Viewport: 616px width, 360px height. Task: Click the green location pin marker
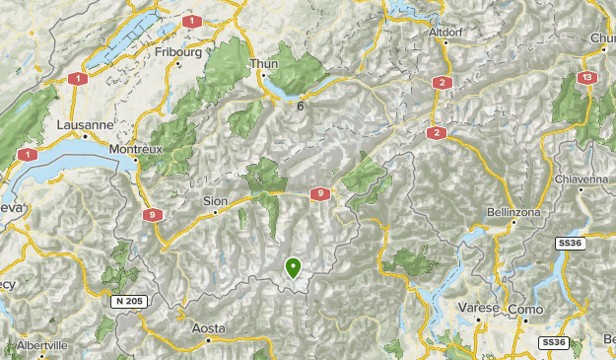click(293, 266)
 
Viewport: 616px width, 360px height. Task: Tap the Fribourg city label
click(178, 50)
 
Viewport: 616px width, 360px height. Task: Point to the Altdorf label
click(445, 32)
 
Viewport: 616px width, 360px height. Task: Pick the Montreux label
click(136, 148)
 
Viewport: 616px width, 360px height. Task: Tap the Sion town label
click(215, 200)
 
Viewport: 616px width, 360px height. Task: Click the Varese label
click(479, 308)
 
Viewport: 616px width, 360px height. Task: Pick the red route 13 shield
click(587, 77)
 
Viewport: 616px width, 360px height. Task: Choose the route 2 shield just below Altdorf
click(443, 82)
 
